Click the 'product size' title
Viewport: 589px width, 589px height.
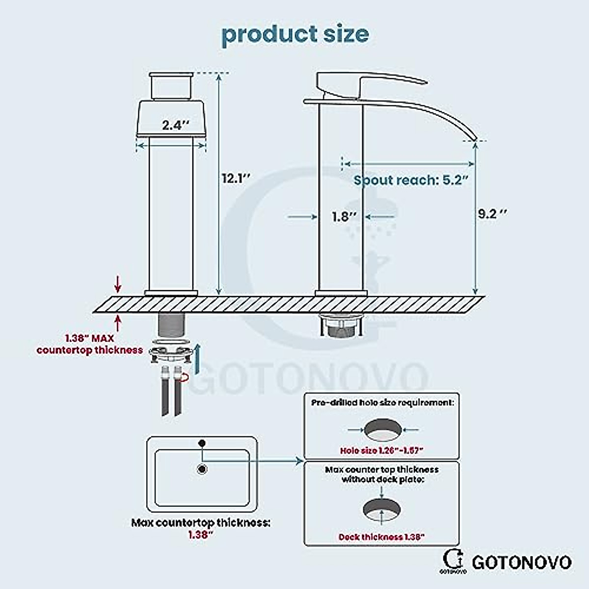coord(295,34)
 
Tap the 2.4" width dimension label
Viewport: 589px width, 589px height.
coord(175,125)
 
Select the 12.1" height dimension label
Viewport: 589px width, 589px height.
coord(236,178)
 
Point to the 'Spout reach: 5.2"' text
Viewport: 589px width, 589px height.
coord(410,180)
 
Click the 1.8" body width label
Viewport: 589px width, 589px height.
coord(344,216)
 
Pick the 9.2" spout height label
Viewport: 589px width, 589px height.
coord(492,214)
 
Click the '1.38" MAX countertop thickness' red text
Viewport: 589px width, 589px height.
coord(89,344)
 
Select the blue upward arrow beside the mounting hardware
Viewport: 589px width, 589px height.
coord(197,358)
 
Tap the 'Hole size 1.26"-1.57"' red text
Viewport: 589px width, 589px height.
coord(381,450)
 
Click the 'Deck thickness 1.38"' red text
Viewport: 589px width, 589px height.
coord(381,537)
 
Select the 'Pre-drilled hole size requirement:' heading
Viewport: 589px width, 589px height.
coord(382,402)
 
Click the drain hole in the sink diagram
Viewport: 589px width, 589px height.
coord(202,469)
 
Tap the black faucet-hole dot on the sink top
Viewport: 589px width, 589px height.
coord(201,443)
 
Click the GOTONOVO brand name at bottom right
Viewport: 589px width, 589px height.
coord(521,562)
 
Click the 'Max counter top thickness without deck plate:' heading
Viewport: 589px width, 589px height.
coord(382,474)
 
